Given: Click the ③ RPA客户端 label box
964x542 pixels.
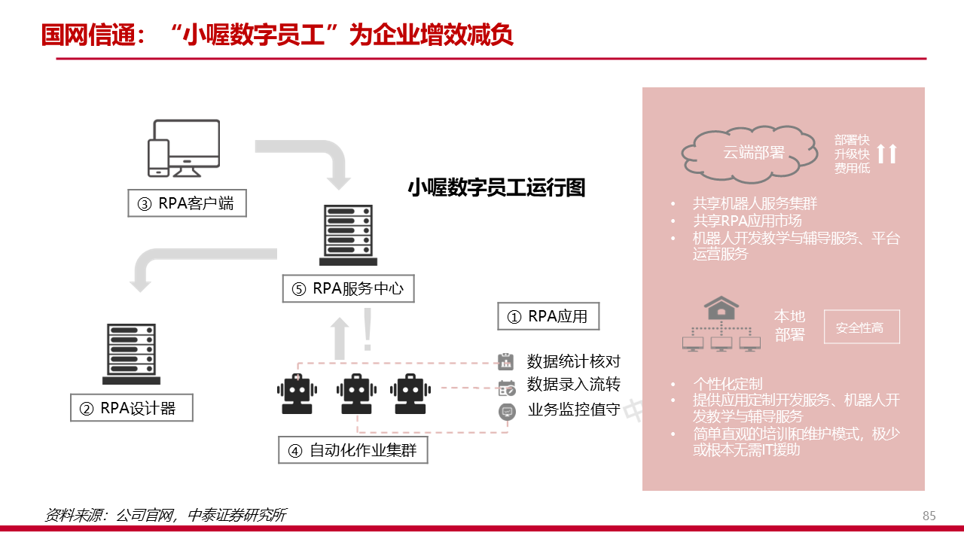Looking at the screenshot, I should pos(187,203).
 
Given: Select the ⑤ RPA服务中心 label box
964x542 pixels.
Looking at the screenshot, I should pos(348,288).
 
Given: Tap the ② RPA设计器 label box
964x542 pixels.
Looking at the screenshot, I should pos(132,408).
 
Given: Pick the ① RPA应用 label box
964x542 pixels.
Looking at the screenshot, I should pos(548,316).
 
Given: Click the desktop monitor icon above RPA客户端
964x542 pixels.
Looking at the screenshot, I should pos(185,148).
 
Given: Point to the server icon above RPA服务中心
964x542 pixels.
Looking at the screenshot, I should pos(348,234).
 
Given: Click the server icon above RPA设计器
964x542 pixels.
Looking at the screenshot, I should pos(132,353).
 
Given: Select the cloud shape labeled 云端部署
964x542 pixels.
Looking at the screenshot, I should pos(750,153).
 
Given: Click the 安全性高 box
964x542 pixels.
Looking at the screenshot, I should pos(862,328).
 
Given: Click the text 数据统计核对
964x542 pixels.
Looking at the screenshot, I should pos(574,362).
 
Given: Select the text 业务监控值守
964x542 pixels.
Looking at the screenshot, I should pos(574,410).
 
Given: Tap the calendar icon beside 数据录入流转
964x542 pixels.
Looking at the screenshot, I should pos(506,388).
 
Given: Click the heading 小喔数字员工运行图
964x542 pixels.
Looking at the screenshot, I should pos(496,187).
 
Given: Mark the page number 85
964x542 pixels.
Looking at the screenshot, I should pos(929,516).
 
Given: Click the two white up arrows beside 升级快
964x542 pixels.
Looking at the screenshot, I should pos(887,154).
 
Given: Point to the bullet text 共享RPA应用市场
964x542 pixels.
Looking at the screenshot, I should pos(747,221).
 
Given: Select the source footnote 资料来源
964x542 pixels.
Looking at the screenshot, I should pos(165,516).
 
